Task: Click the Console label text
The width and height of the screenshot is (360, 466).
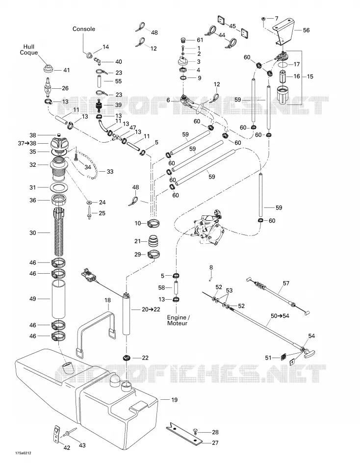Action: pos(84,29)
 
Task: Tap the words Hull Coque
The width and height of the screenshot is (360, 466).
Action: pos(29,50)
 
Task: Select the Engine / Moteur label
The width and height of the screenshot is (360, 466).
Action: pos(178,320)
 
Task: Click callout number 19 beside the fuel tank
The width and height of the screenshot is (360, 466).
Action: pos(174,400)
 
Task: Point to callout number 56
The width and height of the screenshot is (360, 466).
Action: pos(306,30)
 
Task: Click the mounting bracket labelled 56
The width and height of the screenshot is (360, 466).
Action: pos(284,32)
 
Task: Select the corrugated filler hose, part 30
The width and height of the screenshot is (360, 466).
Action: pos(58,232)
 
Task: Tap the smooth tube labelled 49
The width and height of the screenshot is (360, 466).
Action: pos(59,299)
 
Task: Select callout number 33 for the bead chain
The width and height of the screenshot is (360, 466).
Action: pos(110,172)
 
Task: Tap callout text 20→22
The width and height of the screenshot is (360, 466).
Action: pos(151,310)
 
